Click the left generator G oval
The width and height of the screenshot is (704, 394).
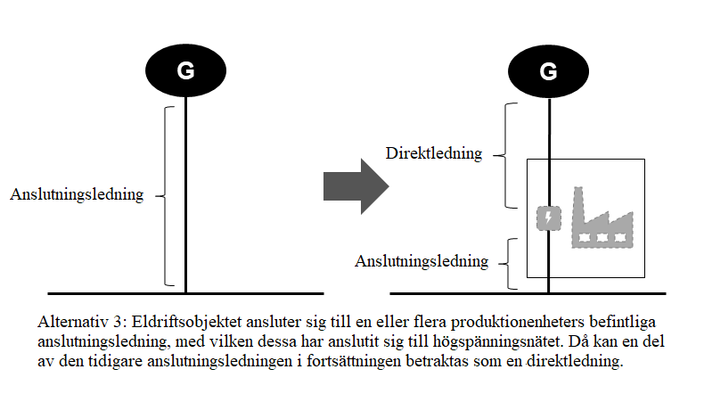184,71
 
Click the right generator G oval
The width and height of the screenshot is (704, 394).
548,71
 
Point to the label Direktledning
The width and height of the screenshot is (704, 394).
434,153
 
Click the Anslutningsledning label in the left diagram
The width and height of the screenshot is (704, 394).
77,194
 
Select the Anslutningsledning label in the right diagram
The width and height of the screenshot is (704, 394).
422,261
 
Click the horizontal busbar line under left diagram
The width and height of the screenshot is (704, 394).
185,292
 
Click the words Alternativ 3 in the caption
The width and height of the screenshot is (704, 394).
78,319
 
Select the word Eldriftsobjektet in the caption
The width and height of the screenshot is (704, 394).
171,319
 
